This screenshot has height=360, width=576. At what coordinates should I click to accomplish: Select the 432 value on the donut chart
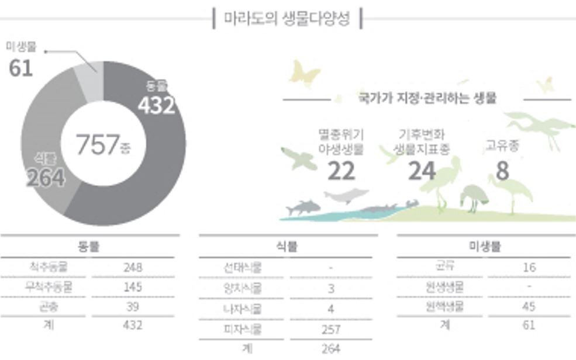(156, 105)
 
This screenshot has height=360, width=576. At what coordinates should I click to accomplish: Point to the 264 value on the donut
(45, 178)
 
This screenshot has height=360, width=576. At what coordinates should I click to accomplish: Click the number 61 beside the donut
(20, 67)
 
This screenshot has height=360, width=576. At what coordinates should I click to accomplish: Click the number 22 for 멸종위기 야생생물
(341, 171)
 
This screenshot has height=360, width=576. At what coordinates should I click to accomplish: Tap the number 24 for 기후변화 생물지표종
(422, 171)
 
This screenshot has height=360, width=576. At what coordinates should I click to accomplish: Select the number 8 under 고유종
(502, 171)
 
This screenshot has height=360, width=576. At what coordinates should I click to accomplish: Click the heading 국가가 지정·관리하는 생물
(427, 98)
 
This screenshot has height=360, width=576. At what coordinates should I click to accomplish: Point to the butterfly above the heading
(305, 73)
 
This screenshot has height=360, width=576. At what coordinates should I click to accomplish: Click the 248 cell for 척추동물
(133, 268)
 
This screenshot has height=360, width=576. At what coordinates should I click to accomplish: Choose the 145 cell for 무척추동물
(133, 287)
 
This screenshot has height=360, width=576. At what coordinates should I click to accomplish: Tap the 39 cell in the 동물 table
(133, 307)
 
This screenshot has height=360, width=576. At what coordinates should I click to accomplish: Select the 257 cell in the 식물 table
(331, 329)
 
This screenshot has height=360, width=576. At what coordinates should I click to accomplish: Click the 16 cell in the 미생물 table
(529, 268)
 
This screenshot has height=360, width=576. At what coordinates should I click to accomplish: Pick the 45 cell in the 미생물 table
(529, 307)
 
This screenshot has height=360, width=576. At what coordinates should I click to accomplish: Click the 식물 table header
(287, 247)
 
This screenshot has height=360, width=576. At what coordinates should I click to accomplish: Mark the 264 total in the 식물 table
(331, 348)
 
